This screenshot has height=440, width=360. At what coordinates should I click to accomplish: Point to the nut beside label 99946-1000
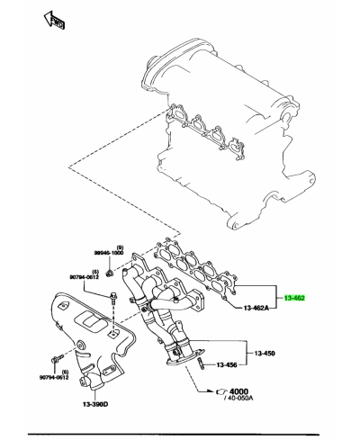coord(109,268)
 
